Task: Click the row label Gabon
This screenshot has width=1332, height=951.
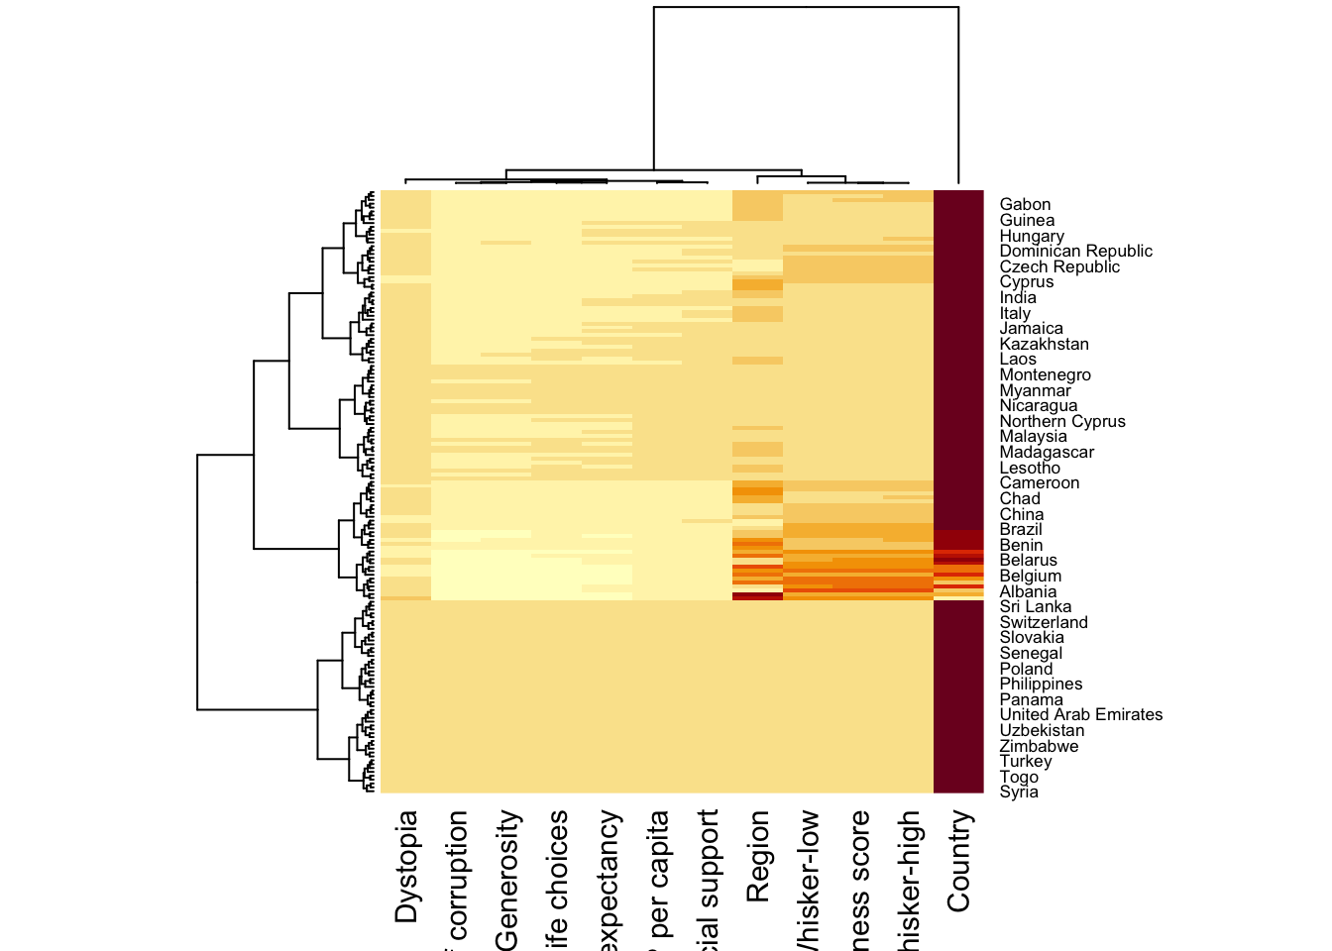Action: click(1025, 205)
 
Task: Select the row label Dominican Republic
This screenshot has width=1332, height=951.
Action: click(1075, 252)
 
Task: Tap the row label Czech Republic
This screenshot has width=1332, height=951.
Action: click(1059, 267)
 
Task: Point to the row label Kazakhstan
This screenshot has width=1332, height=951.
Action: click(1044, 345)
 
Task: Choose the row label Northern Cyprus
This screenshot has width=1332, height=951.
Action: click(1062, 422)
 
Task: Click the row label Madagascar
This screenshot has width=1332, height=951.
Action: click(1047, 453)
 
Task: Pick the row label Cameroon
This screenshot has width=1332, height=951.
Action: click(1040, 483)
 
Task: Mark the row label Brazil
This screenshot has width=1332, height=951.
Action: click(1021, 530)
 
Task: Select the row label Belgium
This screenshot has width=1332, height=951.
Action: click(1030, 577)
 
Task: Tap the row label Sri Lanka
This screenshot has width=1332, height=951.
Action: click(1035, 607)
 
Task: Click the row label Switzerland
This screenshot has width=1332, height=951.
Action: click(1044, 623)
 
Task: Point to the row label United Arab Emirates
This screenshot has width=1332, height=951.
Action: click(1080, 715)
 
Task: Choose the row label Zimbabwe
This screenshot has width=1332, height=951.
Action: click(1039, 747)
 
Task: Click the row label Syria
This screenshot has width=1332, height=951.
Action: click(1019, 792)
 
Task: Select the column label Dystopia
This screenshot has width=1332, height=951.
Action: click(406, 867)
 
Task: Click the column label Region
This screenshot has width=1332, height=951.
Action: click(758, 856)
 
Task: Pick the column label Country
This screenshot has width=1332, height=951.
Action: click(958, 860)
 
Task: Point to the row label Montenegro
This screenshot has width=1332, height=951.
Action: click(1045, 375)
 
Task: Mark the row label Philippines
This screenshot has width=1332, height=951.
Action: click(1041, 685)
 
